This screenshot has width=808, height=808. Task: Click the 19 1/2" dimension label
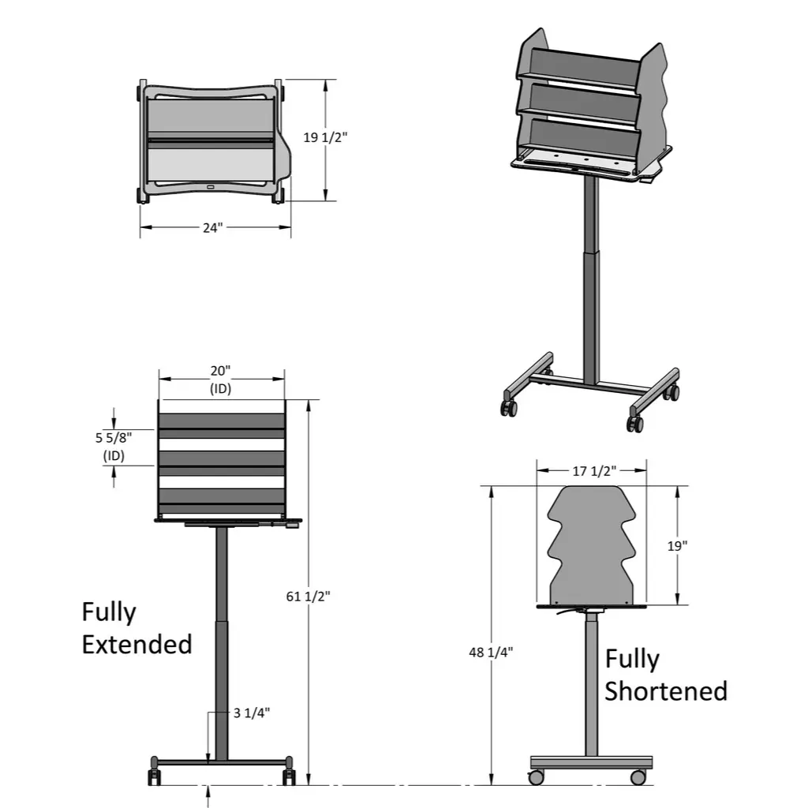click(325, 137)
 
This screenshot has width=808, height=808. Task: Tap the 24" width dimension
click(212, 227)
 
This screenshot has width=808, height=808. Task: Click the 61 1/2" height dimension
click(309, 596)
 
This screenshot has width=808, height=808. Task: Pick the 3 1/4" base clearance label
click(252, 713)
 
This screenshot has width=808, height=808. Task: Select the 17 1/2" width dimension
click(592, 471)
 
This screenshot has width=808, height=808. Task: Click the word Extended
click(137, 644)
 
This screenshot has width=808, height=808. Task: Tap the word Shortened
click(665, 691)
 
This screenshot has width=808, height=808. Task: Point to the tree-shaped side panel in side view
click(592, 544)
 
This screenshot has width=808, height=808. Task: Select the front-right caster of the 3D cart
click(635, 424)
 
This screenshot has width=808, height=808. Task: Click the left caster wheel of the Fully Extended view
click(155, 778)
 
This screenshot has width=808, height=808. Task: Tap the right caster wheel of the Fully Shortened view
click(638, 777)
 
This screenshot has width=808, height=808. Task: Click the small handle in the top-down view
click(211, 187)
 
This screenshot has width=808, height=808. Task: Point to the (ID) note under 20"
click(220, 388)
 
